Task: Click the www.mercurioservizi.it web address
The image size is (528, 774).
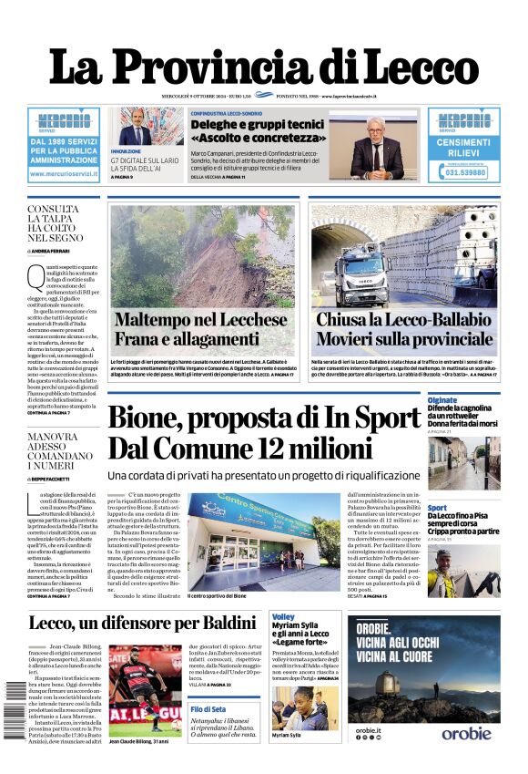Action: tap(63, 172)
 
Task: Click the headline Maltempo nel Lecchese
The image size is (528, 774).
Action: tap(200, 320)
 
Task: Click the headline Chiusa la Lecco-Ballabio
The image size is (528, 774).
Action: tap(403, 320)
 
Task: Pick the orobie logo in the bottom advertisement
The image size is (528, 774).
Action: tap(466, 758)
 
